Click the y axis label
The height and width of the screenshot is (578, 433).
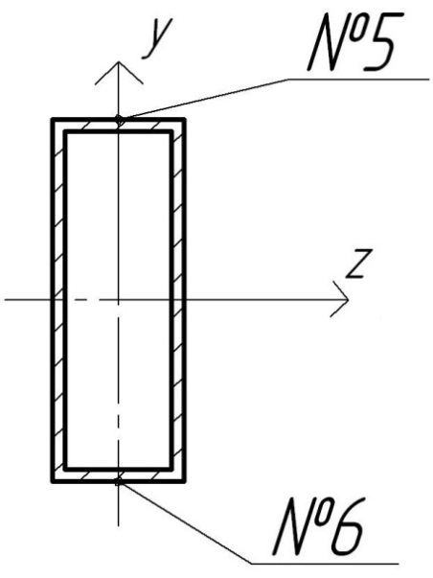pos(157,38)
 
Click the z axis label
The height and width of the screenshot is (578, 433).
pos(358,264)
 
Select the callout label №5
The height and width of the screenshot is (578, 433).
pos(354,41)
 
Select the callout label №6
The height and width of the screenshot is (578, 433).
pos(319,526)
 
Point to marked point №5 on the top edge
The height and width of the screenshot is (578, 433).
pos(119,120)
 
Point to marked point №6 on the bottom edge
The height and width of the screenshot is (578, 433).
pos(118,481)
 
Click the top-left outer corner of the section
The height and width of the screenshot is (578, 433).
pos(52,119)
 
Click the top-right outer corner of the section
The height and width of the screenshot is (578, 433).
pos(184,119)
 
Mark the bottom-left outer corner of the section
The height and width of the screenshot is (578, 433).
pos(52,481)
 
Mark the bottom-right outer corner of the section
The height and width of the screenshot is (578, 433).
pos(184,481)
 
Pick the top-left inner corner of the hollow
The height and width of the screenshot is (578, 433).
pos(65,131)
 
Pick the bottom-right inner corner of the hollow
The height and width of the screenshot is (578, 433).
pos(171,470)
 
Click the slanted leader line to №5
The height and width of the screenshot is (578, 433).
pos(204,99)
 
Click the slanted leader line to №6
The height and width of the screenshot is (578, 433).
pos(185,522)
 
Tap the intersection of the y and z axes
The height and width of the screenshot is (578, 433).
pos(118,300)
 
